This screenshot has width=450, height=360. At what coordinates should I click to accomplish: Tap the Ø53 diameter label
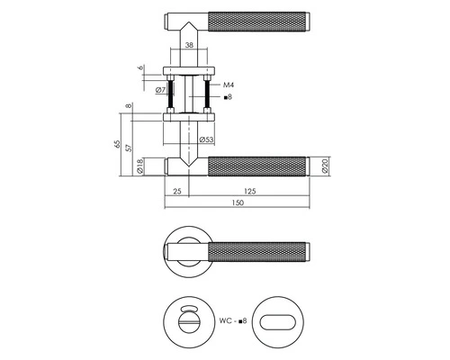pos(206,139)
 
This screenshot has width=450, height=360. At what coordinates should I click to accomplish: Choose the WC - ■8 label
pos(233,319)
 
